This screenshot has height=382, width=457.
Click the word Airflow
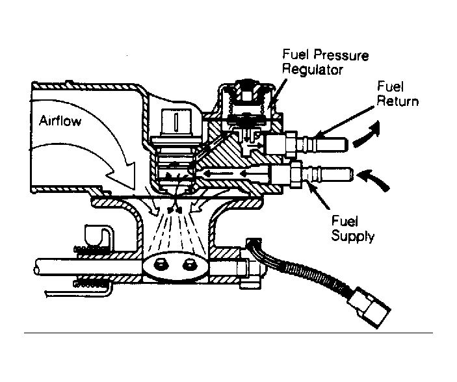click(x=60, y=121)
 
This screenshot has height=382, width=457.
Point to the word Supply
click(x=353, y=237)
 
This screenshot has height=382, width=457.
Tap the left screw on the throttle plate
click(x=160, y=264)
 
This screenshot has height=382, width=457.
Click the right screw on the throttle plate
click(x=190, y=264)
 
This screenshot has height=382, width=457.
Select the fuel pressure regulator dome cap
click(x=248, y=91)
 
